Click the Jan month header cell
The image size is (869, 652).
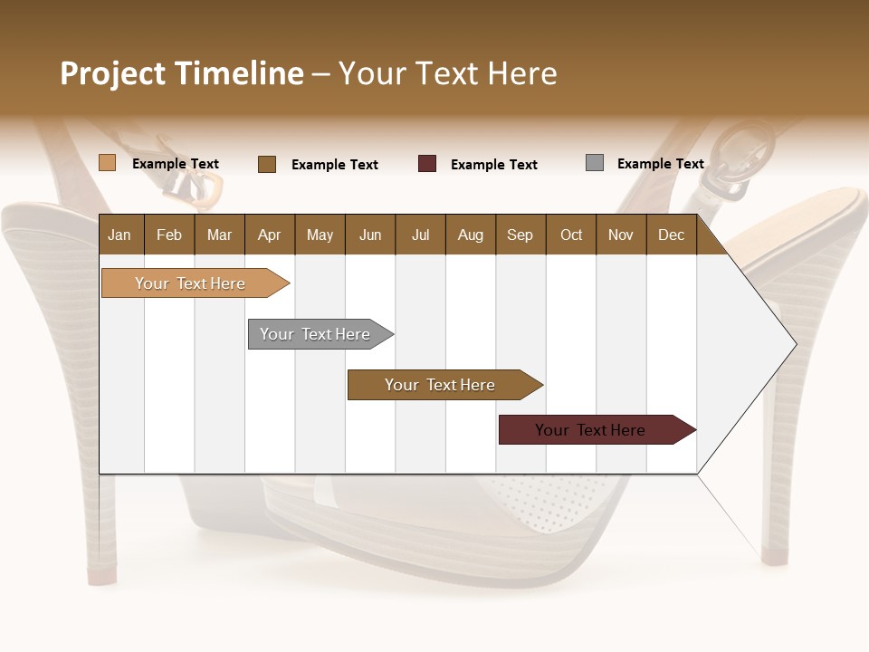119,235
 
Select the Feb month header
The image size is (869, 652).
169,235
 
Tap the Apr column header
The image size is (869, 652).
269,235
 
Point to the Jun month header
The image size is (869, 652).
370,235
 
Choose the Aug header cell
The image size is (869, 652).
470,235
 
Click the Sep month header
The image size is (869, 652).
520,235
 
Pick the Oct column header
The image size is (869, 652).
571,235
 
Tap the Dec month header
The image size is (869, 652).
671,235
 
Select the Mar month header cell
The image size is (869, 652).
219,235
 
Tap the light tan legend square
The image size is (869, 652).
108,163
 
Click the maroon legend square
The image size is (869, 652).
427,164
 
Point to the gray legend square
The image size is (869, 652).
595,163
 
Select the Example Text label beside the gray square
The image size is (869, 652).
660,164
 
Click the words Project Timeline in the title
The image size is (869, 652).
182,73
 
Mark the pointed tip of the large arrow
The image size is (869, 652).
795,343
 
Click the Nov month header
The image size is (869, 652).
621,235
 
